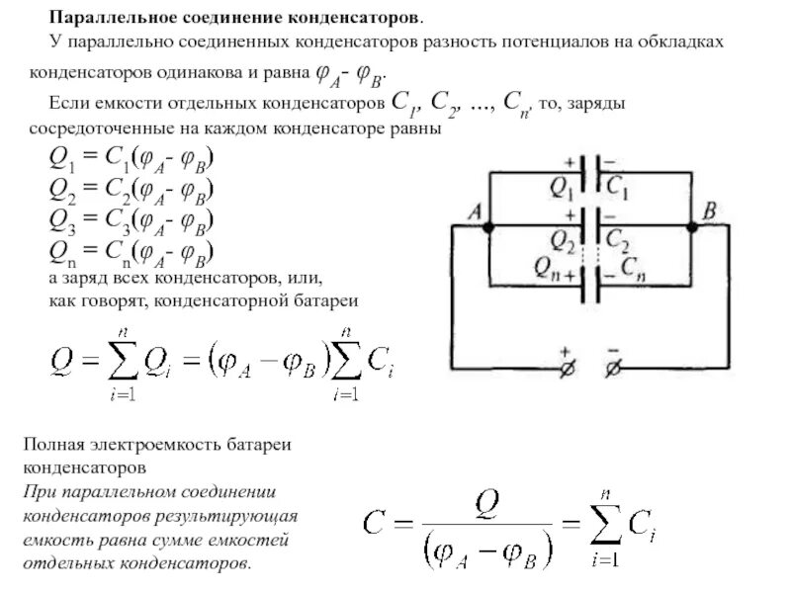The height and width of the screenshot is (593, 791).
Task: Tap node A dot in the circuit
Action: click(x=487, y=226)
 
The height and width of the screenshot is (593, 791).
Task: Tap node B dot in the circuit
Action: click(x=692, y=226)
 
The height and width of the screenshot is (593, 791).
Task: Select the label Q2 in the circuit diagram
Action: click(x=563, y=238)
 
